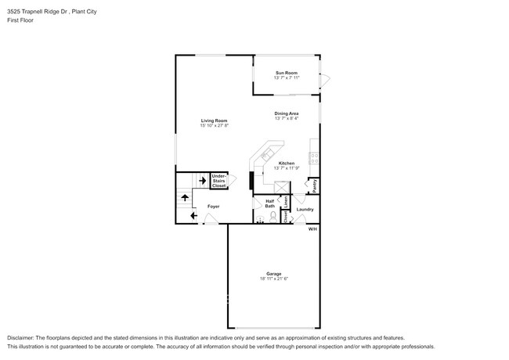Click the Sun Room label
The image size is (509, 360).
pyautogui.click(x=287, y=72)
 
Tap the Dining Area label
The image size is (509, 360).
pyautogui.click(x=286, y=113)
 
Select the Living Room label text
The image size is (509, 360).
pyautogui.click(x=213, y=120)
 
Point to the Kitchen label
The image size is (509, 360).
pyautogui.click(x=287, y=163)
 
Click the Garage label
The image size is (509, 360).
pyautogui.click(x=273, y=273)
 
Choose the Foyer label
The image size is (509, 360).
pyautogui.click(x=213, y=206)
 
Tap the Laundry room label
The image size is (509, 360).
pyautogui.click(x=305, y=209)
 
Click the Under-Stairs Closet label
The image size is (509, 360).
pyautogui.click(x=219, y=181)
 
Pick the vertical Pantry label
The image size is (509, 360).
pyautogui.click(x=315, y=186)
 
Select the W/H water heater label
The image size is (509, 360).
pyautogui.click(x=312, y=229)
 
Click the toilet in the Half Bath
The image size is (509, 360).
pyautogui.click(x=273, y=218)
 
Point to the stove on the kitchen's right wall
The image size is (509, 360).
pyautogui.click(x=315, y=157)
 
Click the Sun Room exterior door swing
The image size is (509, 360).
pyautogui.click(x=326, y=78)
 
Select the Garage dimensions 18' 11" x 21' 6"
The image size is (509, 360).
pyautogui.click(x=273, y=279)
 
